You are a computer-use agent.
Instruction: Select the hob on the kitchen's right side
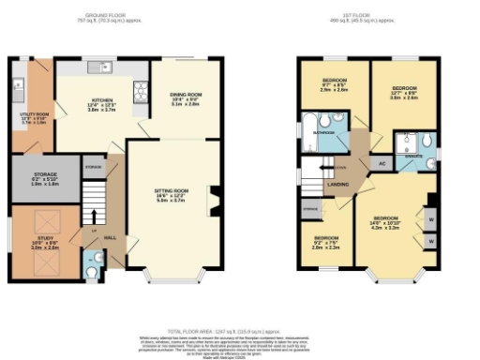pyautogui.click(x=141, y=88)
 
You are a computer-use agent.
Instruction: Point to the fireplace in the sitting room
pyautogui.click(x=216, y=198)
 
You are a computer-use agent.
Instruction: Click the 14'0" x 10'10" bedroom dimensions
pyautogui.click(x=391, y=226)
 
